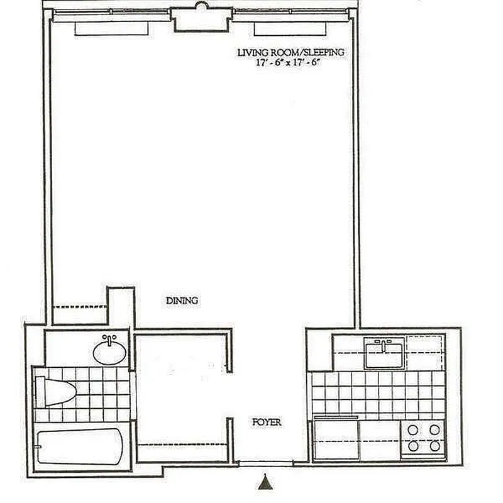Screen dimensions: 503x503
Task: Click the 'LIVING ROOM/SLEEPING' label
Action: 290,53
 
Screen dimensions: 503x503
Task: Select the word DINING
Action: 182,301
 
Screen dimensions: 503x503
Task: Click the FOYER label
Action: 267,423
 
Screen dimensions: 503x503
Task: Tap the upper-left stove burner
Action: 413,431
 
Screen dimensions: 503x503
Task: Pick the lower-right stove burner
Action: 434,446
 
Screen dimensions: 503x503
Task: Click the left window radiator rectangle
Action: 112,29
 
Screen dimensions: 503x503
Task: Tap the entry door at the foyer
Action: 259,465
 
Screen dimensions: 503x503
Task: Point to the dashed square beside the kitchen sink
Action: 424,352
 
